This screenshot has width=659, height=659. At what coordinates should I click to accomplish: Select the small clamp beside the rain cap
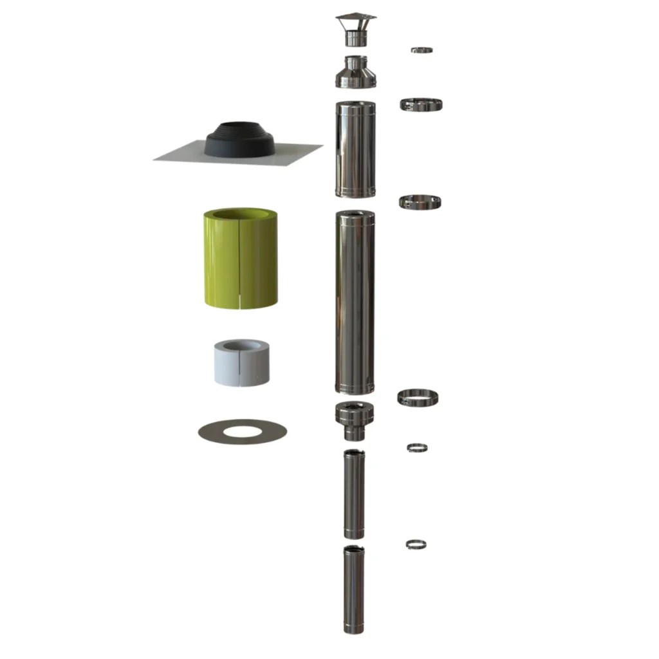pyautogui.click(x=422, y=50)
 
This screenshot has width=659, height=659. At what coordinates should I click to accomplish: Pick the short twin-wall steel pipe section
pyautogui.click(x=355, y=149)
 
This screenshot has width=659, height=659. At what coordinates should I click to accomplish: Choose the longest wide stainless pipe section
pyautogui.click(x=355, y=302)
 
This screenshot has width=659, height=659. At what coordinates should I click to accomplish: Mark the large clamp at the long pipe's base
pyautogui.click(x=418, y=396)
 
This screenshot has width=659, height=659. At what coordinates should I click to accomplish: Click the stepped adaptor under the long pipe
pyautogui.click(x=354, y=420)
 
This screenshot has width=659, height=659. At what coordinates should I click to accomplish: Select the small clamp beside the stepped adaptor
pyautogui.click(x=418, y=447)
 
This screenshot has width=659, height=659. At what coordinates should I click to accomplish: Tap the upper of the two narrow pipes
pyautogui.click(x=353, y=494)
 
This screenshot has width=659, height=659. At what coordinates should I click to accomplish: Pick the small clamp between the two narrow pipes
pyautogui.click(x=416, y=544)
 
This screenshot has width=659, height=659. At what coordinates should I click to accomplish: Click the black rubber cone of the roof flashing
pyautogui.click(x=239, y=140)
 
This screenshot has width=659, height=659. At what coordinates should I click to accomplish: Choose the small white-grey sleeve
pyautogui.click(x=241, y=364)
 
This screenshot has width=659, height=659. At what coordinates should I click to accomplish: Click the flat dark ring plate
pyautogui.click(x=212, y=432)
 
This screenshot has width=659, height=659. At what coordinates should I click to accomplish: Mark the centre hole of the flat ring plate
pyautogui.click(x=242, y=430)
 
